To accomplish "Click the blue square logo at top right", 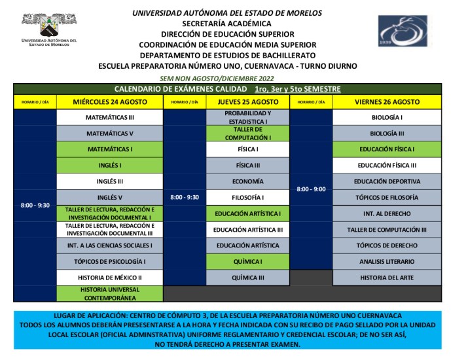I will point(403,33).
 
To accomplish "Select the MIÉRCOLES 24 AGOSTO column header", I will point(110,102).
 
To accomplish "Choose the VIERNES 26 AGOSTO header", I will point(387,102).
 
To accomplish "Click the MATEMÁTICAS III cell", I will point(110,118).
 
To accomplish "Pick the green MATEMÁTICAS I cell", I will point(110,149).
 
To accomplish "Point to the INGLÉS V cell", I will point(110,197).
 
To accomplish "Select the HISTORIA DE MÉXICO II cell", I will point(110,278).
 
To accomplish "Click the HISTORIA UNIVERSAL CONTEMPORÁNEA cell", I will point(110,293).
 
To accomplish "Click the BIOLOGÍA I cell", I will point(387,118).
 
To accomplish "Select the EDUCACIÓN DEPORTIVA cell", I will point(387,181).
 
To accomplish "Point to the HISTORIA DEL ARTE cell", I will point(387,278).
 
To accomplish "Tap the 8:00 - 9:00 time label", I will point(310,189).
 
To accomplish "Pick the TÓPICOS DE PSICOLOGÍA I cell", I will point(110,262).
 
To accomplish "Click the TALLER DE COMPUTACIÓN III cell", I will point(387,230).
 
